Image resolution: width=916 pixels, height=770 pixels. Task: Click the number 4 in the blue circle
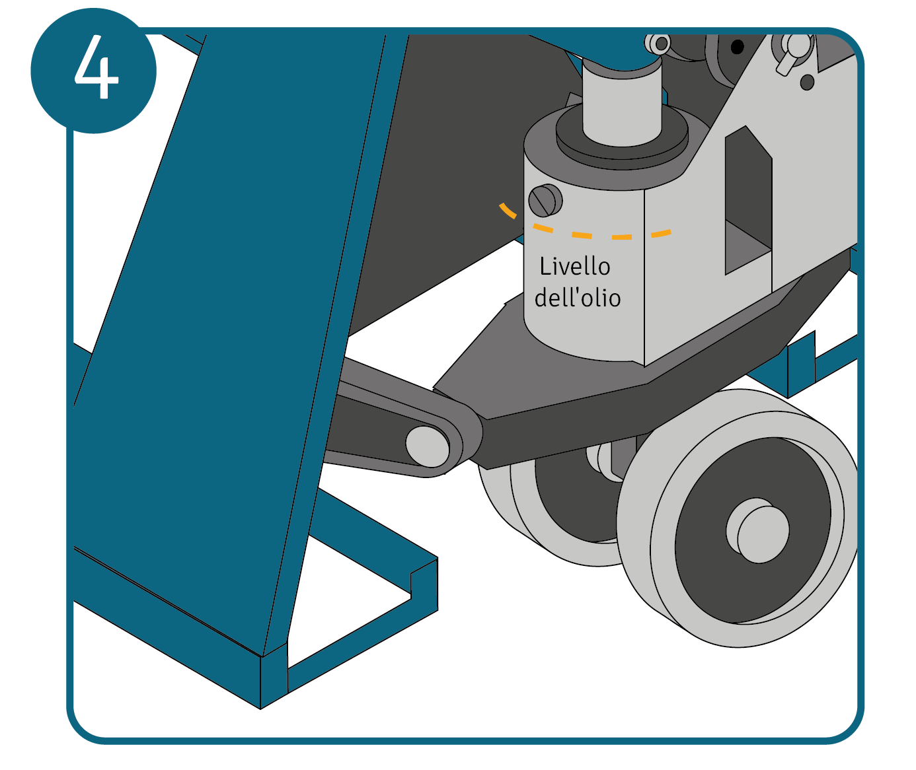(x=97, y=67)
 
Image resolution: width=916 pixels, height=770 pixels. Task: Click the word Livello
(x=575, y=266)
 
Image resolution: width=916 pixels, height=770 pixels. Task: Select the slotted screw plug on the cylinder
(x=545, y=200)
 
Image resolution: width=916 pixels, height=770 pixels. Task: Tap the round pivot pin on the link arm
(x=427, y=446)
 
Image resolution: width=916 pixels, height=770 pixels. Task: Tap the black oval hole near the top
(x=737, y=46)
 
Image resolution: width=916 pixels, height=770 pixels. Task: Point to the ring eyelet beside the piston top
(x=658, y=44)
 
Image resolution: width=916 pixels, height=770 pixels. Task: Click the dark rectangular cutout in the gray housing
(x=748, y=199)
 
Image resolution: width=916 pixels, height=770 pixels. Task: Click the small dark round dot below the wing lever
(x=807, y=82)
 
